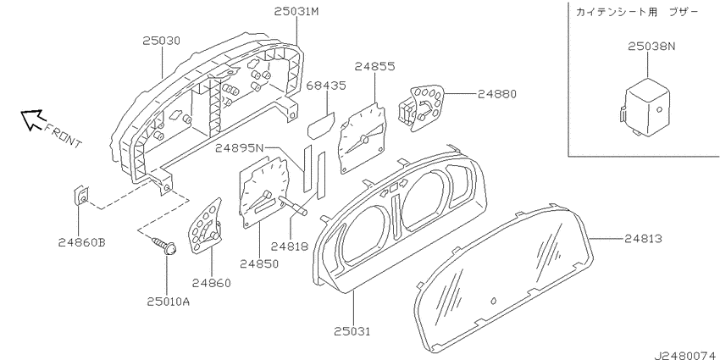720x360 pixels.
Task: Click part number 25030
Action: tap(161, 41)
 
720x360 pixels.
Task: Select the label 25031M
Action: tap(296, 12)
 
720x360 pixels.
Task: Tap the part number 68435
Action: tap(326, 86)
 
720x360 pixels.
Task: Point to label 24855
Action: tap(374, 67)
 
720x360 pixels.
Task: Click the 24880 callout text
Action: tap(497, 94)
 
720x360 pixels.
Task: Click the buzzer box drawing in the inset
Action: tap(645, 107)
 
